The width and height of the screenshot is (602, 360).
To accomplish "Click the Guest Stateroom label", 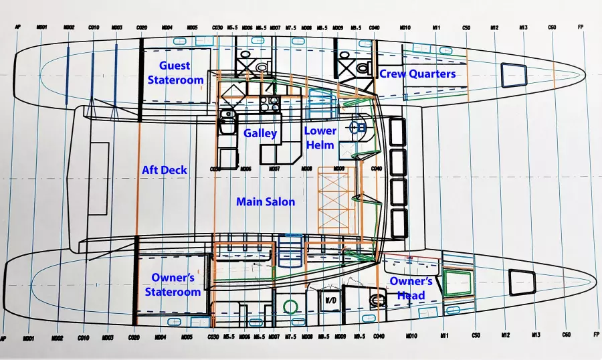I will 175,73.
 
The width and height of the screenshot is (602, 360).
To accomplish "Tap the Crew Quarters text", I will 417,74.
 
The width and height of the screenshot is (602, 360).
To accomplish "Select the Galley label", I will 260,133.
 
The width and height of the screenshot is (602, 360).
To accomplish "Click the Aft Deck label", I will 165,170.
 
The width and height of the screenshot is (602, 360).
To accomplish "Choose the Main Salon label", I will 266,201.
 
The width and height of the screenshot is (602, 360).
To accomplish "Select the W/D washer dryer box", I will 330,302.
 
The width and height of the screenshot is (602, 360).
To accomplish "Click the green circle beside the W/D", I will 290,307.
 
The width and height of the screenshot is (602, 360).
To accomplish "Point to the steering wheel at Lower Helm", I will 358,127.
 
